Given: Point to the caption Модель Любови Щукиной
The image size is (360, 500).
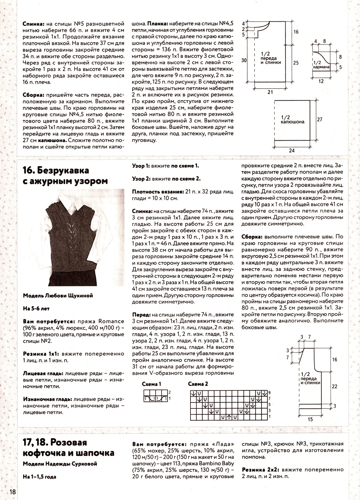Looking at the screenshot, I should (x=58, y=296).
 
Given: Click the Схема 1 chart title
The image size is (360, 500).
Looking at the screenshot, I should (x=152, y=384).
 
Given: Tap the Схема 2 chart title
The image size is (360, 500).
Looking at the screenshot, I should (x=198, y=384).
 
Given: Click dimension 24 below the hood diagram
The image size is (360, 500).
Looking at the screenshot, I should (x=292, y=150).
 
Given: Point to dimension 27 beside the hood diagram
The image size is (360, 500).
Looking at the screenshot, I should (x=319, y=120).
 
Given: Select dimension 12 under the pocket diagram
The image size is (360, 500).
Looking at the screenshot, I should (x=321, y=81).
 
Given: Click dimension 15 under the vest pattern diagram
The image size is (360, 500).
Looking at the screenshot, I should (x=310, y=419).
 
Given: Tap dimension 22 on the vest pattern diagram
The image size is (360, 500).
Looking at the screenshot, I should (x=334, y=386).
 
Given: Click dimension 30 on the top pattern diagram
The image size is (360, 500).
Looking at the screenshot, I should (x=243, y=60).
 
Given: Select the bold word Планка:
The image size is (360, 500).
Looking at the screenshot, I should (x=158, y=24).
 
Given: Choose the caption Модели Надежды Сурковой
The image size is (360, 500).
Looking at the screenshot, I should (x=60, y=464).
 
